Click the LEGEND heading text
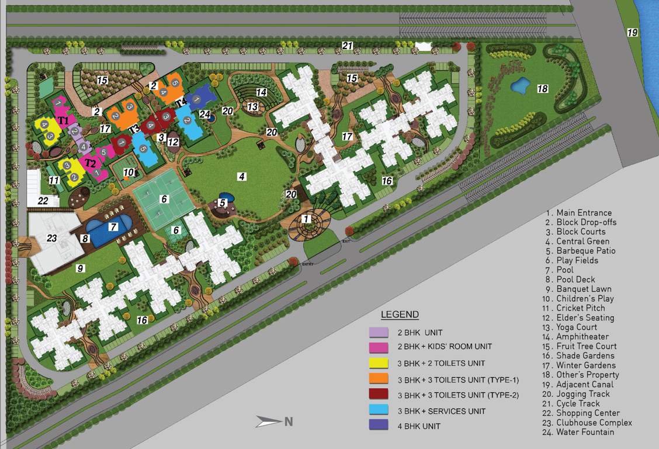tap(400, 315)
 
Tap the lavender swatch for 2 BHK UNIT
tap(379, 332)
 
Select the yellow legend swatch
tap(379, 364)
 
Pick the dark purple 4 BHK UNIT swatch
tap(379, 426)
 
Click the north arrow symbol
tap(269, 421)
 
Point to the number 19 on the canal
tap(633, 33)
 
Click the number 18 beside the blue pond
tap(543, 88)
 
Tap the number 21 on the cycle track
tap(348, 46)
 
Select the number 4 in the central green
tap(241, 175)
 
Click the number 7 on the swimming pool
tap(113, 226)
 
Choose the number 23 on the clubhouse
tap(52, 238)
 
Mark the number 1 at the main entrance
tap(306, 219)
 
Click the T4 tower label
tap(181, 103)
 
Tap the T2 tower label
tap(90, 163)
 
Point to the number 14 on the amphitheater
tap(261, 92)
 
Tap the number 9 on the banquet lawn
tap(81, 268)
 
